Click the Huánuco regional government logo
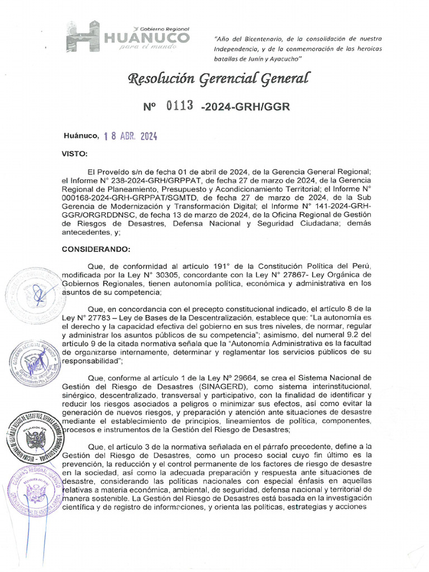(128, 37)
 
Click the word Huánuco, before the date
(80, 136)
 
